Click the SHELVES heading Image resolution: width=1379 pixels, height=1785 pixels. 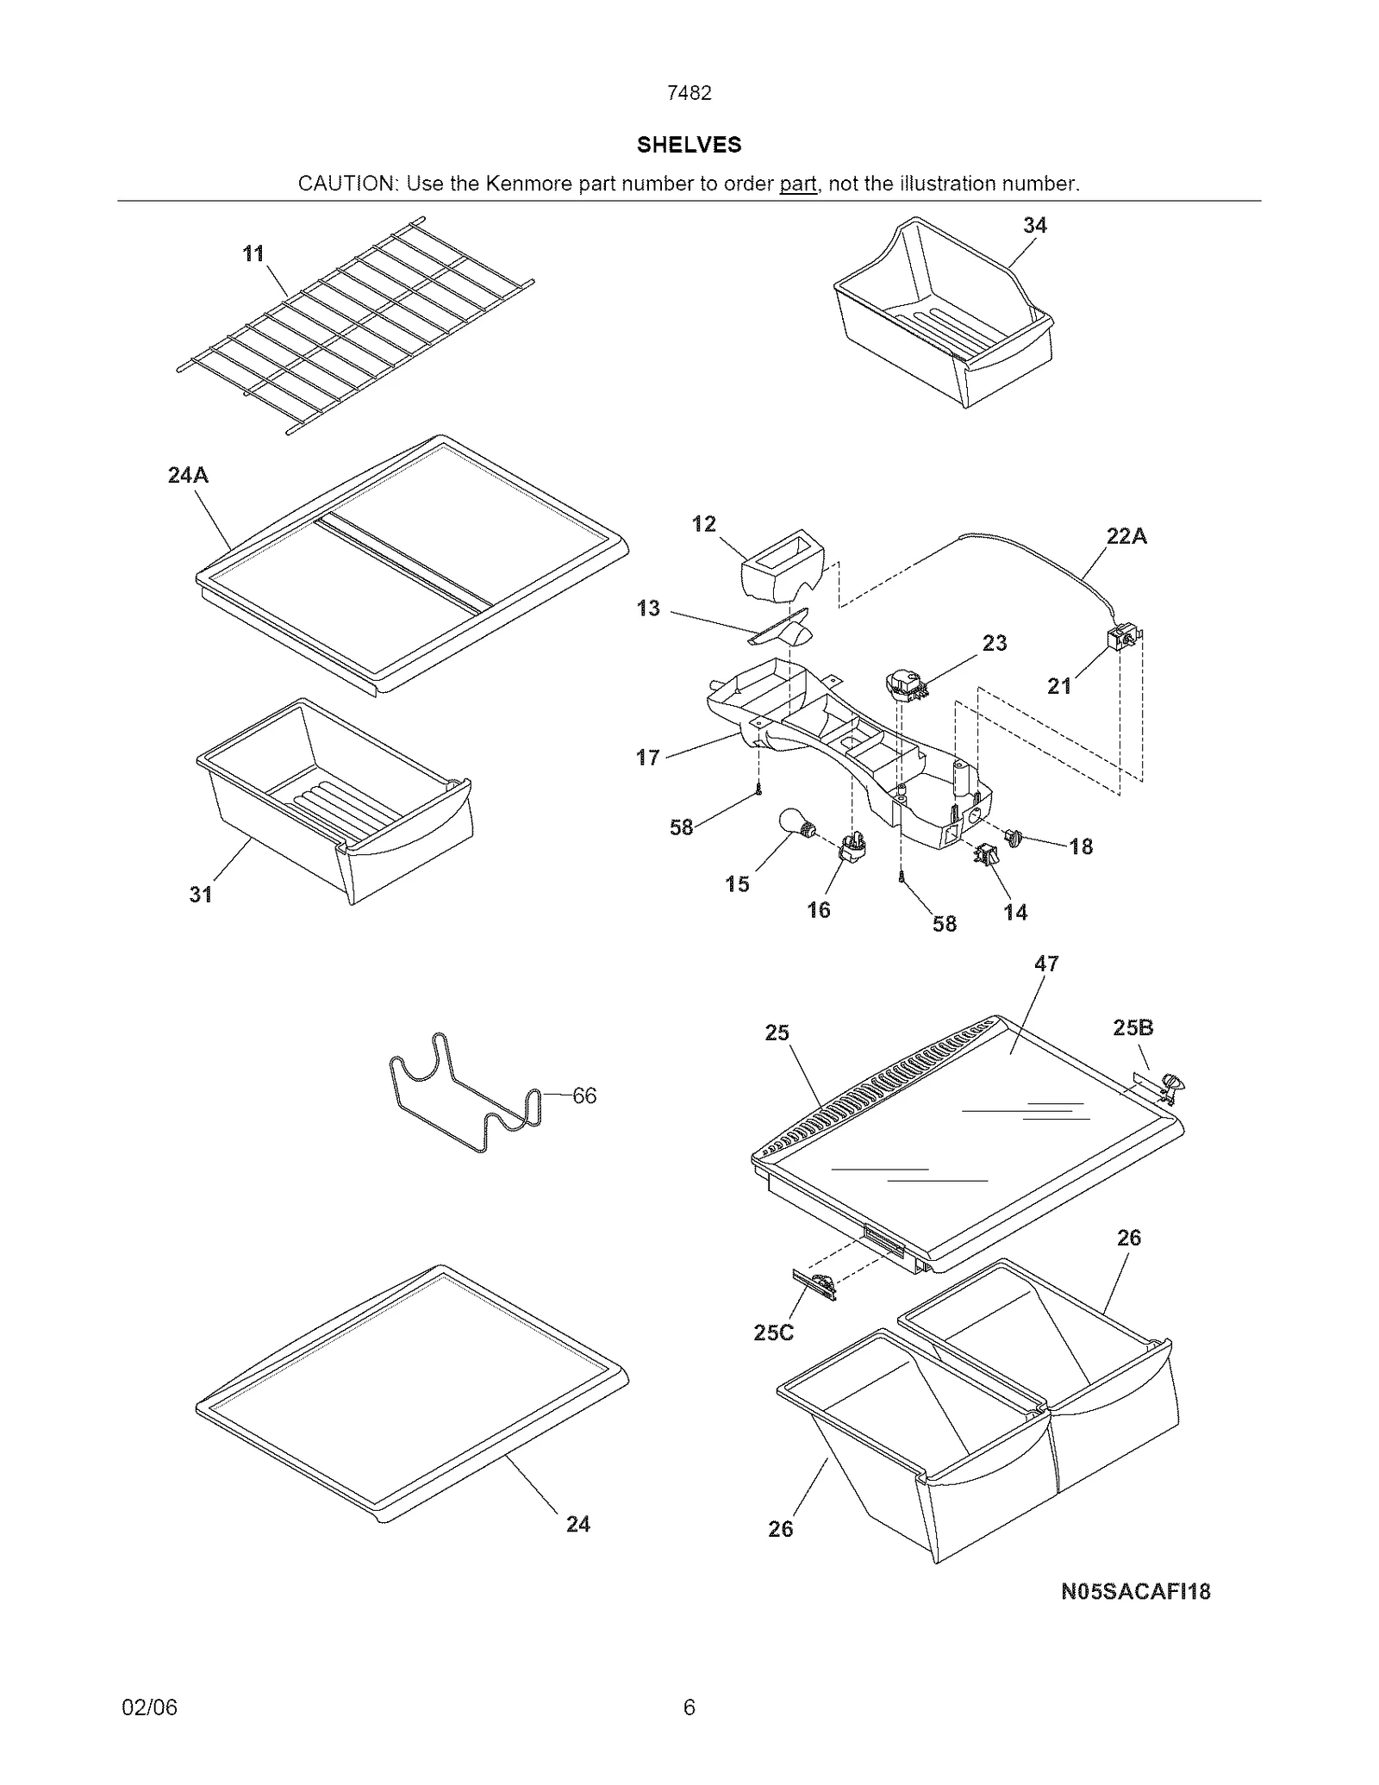(689, 145)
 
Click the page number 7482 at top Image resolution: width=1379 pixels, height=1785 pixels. (689, 93)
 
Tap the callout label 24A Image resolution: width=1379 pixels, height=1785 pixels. (188, 475)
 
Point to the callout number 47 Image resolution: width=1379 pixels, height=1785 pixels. (1045, 964)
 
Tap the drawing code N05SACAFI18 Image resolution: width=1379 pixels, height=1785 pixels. (1135, 1592)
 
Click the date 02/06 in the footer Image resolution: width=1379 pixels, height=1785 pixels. (149, 1707)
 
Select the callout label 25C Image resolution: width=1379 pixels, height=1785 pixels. (773, 1333)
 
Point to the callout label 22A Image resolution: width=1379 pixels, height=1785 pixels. (1126, 536)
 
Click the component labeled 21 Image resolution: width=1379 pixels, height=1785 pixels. (1124, 640)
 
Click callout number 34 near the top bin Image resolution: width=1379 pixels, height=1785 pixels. (1034, 225)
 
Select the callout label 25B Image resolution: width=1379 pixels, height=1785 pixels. (1133, 1027)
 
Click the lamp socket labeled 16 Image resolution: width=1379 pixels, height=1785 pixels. (852, 846)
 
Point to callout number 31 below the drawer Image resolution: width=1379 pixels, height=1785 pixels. (201, 895)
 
